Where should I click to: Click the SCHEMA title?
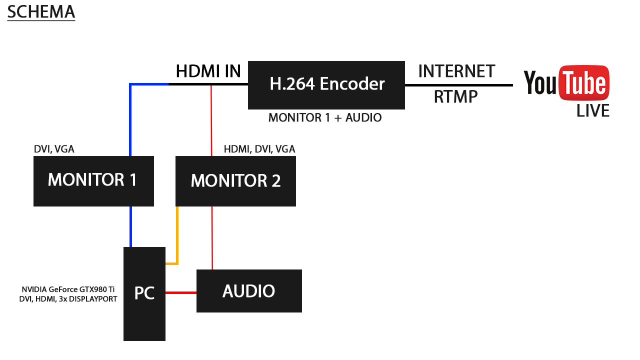(x=41, y=11)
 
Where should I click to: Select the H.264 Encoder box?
(x=326, y=84)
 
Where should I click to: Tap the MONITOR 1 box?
(x=93, y=180)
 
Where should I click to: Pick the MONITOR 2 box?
(x=235, y=180)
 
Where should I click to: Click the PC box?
(x=144, y=293)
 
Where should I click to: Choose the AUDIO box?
(x=249, y=291)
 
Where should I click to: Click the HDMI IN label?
(x=208, y=71)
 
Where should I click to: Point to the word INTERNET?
(x=456, y=71)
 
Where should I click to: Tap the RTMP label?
(x=455, y=96)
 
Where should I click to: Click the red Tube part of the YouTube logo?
(x=584, y=83)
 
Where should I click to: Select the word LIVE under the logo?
(x=593, y=110)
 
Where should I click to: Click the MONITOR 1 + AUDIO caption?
(x=325, y=118)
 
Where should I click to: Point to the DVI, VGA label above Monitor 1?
(x=54, y=148)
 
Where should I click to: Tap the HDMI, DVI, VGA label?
(x=259, y=149)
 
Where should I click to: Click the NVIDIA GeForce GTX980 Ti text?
(x=68, y=289)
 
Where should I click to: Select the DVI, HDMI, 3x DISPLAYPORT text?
(x=68, y=299)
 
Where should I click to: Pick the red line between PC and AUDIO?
(x=180, y=292)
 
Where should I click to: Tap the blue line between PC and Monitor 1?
(x=130, y=226)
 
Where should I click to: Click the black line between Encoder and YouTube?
(x=458, y=85)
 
